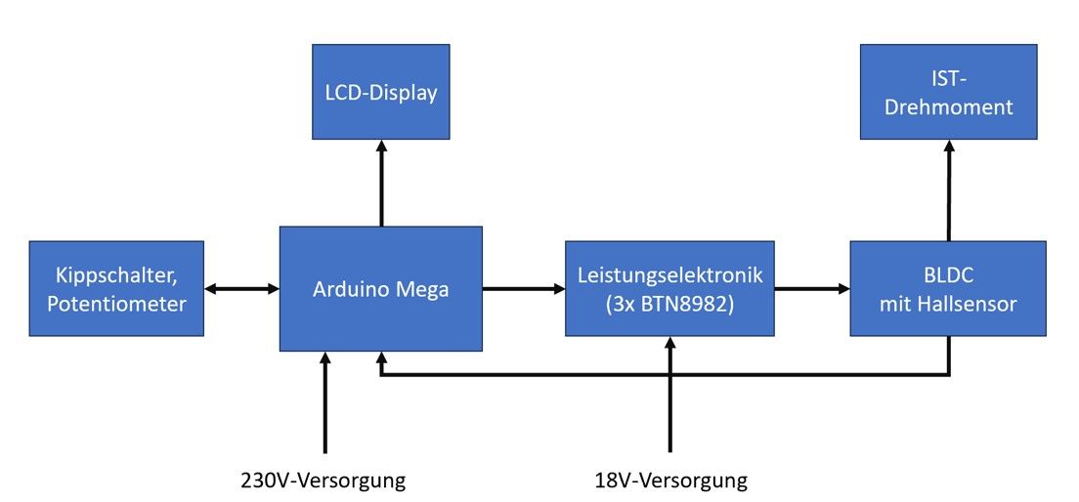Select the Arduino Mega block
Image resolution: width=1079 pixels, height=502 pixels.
pyautogui.click(x=381, y=289)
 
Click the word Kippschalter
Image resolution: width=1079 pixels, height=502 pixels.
pyautogui.click(x=117, y=276)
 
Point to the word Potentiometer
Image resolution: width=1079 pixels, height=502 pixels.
pyautogui.click(x=117, y=304)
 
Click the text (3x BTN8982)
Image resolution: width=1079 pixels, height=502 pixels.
pyautogui.click(x=669, y=304)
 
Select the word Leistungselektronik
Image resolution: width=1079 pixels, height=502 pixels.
pyautogui.click(x=669, y=276)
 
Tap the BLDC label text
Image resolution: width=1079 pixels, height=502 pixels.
pyautogui.click(x=948, y=276)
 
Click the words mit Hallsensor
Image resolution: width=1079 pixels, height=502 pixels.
pyautogui.click(x=948, y=304)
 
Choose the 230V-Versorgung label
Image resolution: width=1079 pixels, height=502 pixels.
pyautogui.click(x=324, y=481)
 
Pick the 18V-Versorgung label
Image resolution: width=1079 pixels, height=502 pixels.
pyautogui.click(x=670, y=481)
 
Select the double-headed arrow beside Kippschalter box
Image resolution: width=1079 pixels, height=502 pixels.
pyautogui.click(x=242, y=289)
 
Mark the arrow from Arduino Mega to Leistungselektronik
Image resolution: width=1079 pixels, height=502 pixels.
pyautogui.click(x=524, y=289)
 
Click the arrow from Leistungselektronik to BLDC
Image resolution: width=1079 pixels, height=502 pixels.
pyautogui.click(x=811, y=289)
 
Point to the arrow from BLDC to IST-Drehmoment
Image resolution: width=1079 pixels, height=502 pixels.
pyautogui.click(x=948, y=190)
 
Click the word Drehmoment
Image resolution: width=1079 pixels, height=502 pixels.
pyautogui.click(x=948, y=107)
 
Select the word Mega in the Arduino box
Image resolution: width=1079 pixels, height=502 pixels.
pyautogui.click(x=421, y=289)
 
